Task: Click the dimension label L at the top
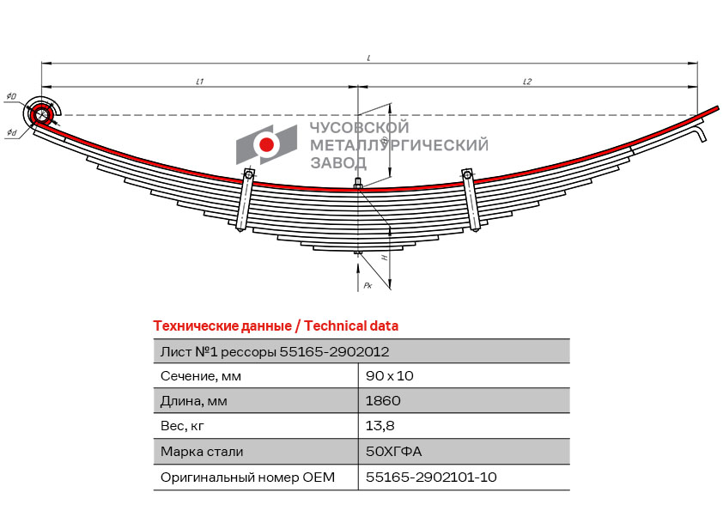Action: [x=369, y=58]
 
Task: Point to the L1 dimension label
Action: [x=200, y=82]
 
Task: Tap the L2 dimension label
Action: [x=527, y=82]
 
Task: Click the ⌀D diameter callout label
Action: [x=11, y=96]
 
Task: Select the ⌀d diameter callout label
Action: [x=11, y=133]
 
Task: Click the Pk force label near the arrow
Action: [x=368, y=285]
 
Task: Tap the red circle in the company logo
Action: [x=266, y=144]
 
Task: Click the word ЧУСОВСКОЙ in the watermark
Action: [x=359, y=127]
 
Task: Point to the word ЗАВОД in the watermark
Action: [x=338, y=163]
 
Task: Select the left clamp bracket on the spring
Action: [x=245, y=200]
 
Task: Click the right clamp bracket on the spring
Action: [x=471, y=200]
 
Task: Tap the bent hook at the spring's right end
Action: [x=702, y=131]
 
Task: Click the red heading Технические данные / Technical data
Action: [x=276, y=326]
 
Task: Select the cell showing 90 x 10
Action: [x=390, y=376]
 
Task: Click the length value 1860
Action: [x=383, y=401]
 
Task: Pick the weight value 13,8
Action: [x=380, y=426]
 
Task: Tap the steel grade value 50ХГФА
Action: [x=394, y=451]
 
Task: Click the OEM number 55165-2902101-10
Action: [x=431, y=477]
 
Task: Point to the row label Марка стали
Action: [x=202, y=451]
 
